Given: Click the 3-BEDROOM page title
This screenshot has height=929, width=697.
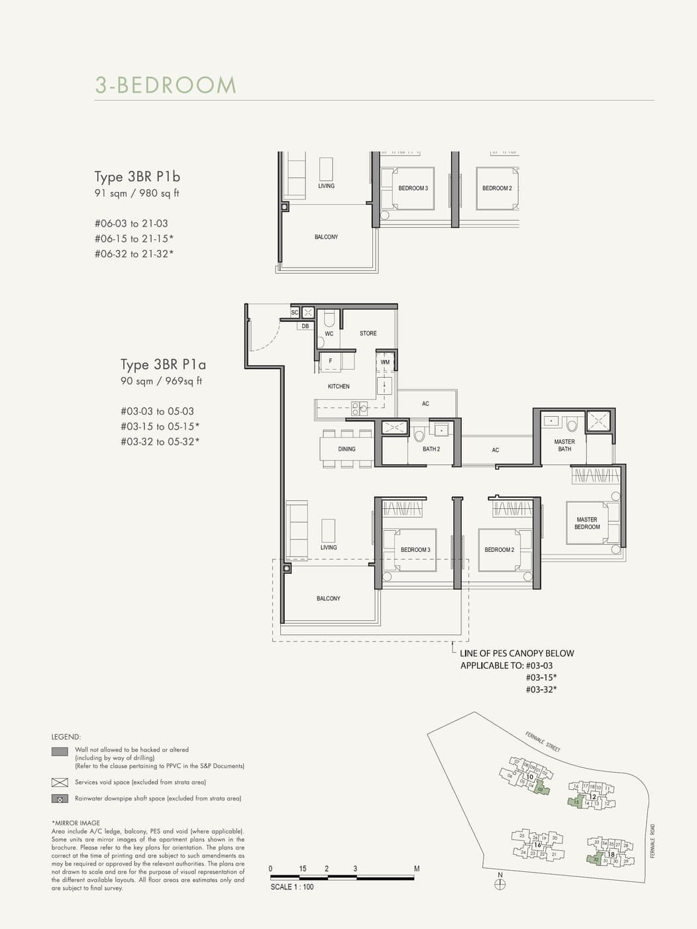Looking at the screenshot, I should click(166, 85).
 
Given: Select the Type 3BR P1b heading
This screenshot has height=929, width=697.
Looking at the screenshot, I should click(137, 177).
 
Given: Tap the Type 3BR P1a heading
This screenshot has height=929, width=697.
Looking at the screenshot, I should click(163, 364).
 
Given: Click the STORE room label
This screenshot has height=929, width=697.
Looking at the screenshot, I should click(368, 333).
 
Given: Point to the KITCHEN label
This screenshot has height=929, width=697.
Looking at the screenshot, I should click(339, 386).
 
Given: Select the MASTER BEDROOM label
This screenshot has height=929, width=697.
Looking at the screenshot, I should click(587, 523).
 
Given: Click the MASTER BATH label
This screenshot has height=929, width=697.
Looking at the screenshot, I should click(564, 445).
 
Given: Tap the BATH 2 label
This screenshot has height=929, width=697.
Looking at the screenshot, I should click(431, 449).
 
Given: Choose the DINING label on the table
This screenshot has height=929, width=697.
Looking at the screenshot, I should click(347, 449).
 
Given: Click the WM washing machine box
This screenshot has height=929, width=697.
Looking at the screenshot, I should click(385, 362).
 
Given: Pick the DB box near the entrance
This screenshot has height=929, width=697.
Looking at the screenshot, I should click(305, 326).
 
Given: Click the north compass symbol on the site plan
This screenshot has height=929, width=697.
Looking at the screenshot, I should click(500, 884).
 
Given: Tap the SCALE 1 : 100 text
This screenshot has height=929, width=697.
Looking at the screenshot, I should click(292, 887).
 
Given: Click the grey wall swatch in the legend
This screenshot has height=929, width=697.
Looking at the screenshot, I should click(60, 751).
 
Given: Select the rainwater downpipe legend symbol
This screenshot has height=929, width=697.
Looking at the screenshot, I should click(60, 799).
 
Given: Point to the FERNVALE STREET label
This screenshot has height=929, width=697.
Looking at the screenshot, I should click(543, 741).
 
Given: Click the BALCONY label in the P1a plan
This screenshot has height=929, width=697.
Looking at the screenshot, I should click(328, 598).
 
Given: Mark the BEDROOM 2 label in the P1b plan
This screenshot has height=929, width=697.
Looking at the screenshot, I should click(497, 188).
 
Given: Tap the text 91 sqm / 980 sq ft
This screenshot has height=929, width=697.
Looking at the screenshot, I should click(136, 193).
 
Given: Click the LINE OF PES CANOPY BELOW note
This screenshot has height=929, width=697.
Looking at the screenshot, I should click(517, 653).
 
